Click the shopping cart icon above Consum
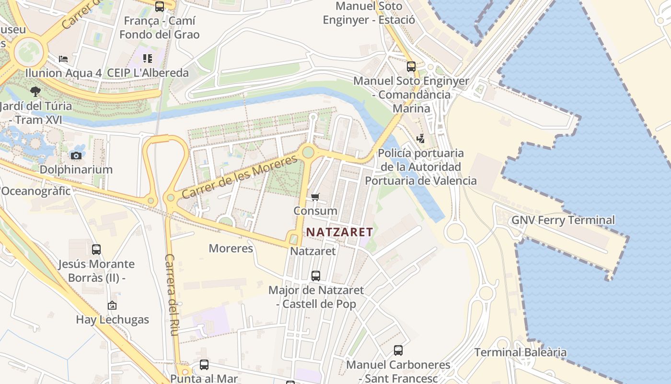coord(315,197)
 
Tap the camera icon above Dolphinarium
coord(76,156)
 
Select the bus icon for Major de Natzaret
coord(315,276)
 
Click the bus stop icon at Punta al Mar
coord(204,365)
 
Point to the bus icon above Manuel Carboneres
coord(398,350)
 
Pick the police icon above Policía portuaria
coord(420,139)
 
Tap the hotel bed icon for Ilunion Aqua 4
coord(63,59)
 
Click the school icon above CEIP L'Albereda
coord(148,59)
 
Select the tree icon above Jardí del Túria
coord(35,91)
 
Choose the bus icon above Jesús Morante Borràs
coord(96,250)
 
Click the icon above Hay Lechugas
coord(112,305)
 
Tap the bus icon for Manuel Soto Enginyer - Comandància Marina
coord(411,67)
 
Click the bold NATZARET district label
coord(339,232)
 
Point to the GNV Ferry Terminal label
coord(563,220)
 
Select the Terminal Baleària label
coord(520,352)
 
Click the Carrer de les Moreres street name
coord(240,177)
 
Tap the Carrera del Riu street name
coord(171,294)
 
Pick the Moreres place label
coord(231,248)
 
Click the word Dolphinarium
coord(76,169)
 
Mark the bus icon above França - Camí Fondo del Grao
coord(160,7)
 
